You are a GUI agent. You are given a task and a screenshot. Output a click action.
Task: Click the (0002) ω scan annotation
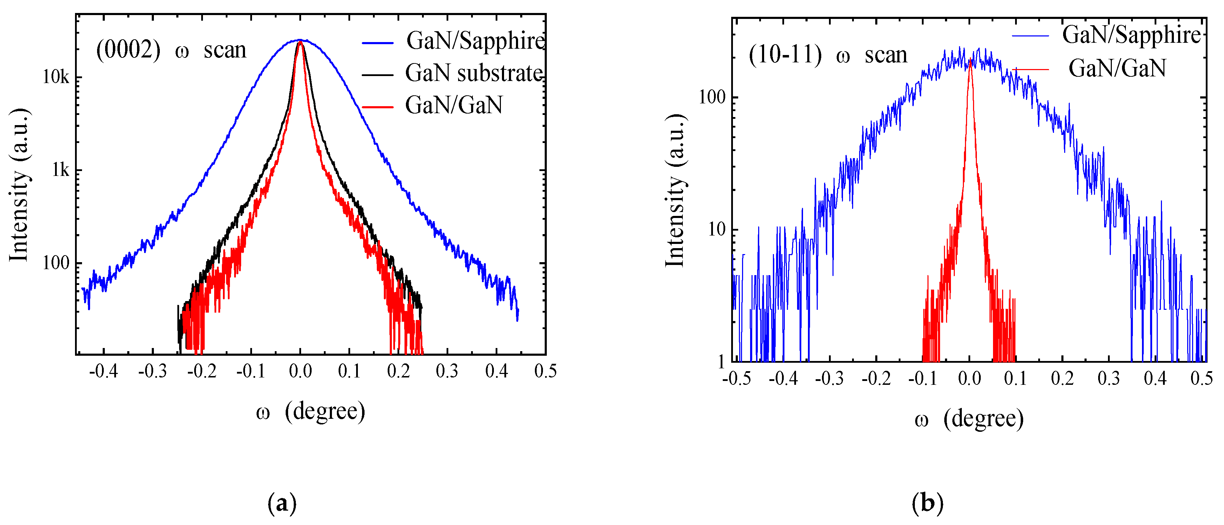pos(171,50)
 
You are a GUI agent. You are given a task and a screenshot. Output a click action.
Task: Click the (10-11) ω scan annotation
pos(828,55)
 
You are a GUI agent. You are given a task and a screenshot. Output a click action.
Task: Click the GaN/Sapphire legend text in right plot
pos(1131,35)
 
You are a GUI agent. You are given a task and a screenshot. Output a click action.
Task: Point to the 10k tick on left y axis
pos(56,77)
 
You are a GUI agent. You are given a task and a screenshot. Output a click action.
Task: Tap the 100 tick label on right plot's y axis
pos(712,97)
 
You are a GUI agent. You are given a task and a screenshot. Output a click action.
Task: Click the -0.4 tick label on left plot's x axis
pos(103,371)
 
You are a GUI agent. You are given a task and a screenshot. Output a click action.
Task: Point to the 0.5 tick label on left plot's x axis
pos(545,371)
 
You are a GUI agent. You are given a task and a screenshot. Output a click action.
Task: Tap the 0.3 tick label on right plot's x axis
pos(1109,379)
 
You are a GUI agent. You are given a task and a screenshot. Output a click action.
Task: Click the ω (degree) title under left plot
pos(310,411)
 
